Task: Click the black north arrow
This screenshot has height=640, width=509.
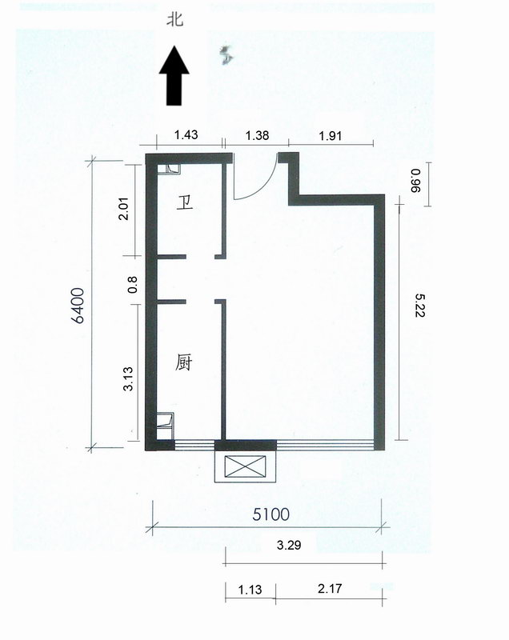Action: tap(174, 75)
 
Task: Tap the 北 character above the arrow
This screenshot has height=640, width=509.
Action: tap(174, 19)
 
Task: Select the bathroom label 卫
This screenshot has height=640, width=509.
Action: tap(185, 203)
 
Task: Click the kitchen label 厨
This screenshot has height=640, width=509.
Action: tap(184, 362)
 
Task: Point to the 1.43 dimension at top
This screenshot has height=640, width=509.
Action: tap(186, 134)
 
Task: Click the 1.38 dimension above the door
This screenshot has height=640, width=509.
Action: tap(257, 135)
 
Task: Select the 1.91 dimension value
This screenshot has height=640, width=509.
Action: tap(331, 135)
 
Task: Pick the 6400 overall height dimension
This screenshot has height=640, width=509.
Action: tap(78, 306)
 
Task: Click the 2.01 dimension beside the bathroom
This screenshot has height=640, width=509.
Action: tap(124, 209)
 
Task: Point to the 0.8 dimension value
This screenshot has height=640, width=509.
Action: tap(133, 285)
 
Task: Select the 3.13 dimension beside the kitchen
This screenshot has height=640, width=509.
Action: tap(128, 379)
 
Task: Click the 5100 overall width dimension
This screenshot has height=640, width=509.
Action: tap(271, 514)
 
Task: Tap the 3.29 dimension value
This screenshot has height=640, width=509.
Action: tap(289, 545)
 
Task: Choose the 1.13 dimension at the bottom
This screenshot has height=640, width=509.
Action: tap(250, 590)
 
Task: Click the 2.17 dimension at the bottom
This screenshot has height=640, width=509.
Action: tap(330, 589)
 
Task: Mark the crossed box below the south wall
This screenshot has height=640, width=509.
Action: tap(246, 466)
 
